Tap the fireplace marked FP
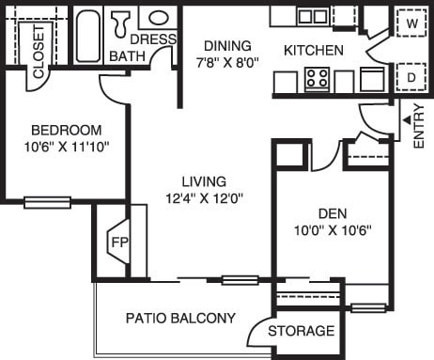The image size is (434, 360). pyautogui.click(x=118, y=241)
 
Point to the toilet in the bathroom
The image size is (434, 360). pyautogui.click(x=121, y=21)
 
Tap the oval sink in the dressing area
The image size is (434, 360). pyautogui.click(x=156, y=17)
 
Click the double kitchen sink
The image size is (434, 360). pyautogui.click(x=313, y=16)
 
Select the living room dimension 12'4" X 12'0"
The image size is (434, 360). pyautogui.click(x=204, y=197)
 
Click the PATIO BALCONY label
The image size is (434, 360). pyautogui.click(x=180, y=318)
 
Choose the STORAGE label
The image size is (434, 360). pyautogui.click(x=301, y=331)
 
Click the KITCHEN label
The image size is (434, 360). pyautogui.click(x=314, y=50)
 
